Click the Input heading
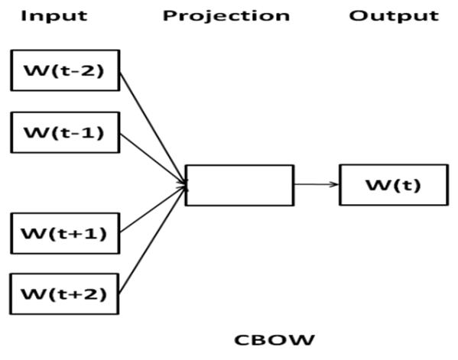point(54,16)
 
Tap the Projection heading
point(226,16)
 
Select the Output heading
point(394,16)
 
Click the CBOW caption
point(274,340)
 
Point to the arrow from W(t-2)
point(153,128)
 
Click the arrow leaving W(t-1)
point(153,160)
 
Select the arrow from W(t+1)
point(153,209)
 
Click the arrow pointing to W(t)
point(317,184)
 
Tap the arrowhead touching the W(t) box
point(334,184)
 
